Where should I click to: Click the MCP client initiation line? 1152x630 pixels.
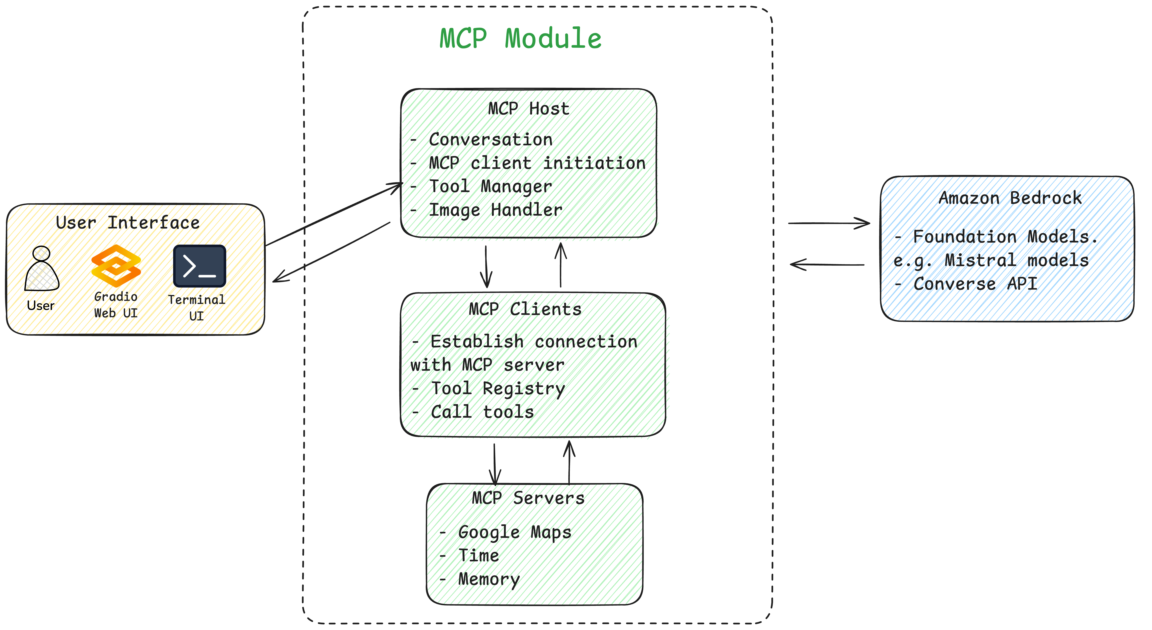[537, 163]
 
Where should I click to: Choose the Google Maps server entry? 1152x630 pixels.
[514, 532]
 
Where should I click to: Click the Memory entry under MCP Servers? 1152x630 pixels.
[489, 579]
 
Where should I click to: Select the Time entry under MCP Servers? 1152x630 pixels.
[478, 555]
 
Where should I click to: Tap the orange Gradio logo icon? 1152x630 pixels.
[116, 266]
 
